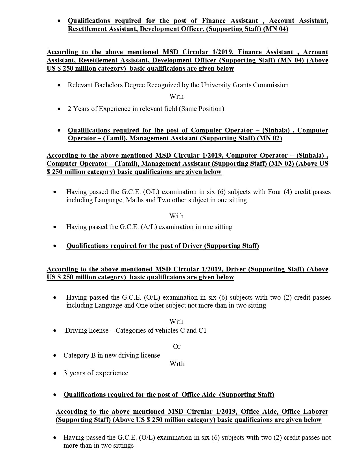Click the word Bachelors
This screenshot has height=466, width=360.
pos(109,85)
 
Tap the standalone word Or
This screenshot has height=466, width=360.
pos(177,347)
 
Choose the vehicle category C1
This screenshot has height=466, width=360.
pos(202,330)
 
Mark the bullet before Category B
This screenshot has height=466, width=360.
pos(55,356)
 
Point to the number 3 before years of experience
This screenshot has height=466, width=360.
pos(65,373)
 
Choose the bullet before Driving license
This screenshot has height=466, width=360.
pos(55,331)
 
